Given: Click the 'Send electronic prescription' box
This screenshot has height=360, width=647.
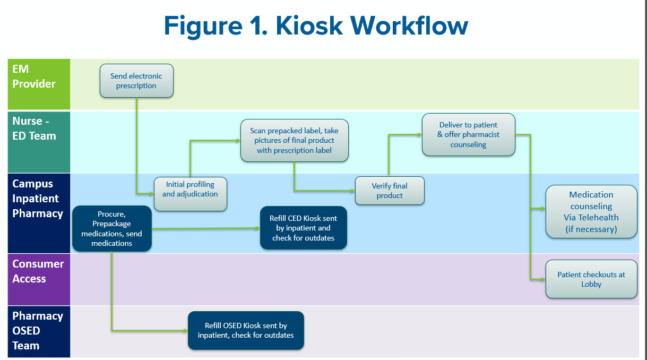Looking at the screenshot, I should point(136,81).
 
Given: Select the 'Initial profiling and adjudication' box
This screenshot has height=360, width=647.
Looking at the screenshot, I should point(190,194).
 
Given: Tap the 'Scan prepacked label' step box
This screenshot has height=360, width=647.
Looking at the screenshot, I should point(294,140).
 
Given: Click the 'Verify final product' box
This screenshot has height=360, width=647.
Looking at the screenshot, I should point(390,191).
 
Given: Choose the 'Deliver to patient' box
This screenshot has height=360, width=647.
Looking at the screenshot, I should point(468,135).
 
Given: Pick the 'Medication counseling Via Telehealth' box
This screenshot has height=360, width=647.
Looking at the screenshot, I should point(591,211).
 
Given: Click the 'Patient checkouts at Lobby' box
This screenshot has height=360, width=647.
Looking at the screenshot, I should point(591,279).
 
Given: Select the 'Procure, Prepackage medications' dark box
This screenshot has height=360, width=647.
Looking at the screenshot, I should point(111,228).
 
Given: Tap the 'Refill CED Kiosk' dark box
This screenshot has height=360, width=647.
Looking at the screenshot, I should point(303,228).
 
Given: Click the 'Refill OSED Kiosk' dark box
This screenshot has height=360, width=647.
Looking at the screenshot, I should point(245,330).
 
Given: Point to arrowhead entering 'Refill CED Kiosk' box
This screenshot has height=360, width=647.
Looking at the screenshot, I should point(257,228).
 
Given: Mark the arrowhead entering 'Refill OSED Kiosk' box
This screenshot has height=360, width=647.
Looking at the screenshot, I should point(185,330).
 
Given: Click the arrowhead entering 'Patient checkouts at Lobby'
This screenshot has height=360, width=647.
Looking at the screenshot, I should point(543,279).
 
